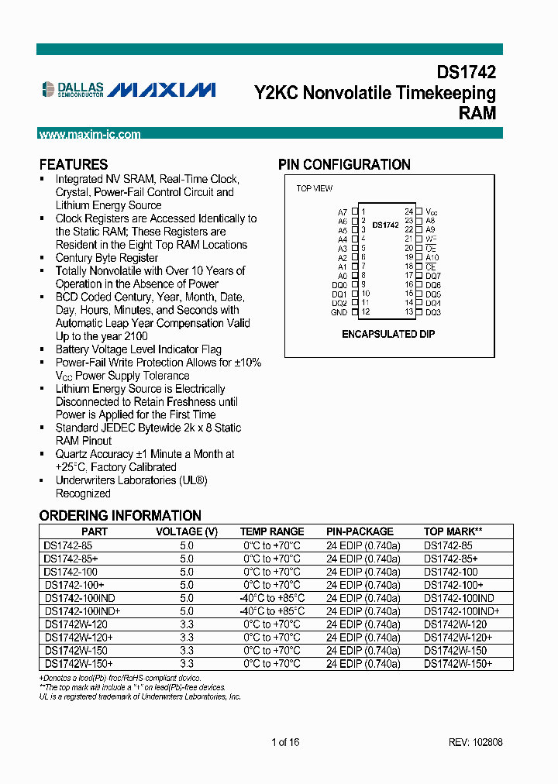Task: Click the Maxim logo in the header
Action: (x=161, y=91)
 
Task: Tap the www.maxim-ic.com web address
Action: (x=90, y=135)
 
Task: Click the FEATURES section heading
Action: (x=74, y=165)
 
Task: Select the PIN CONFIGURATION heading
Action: (x=344, y=165)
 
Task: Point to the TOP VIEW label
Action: (x=314, y=189)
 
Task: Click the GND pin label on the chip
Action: (x=339, y=312)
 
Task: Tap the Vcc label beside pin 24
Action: (x=432, y=211)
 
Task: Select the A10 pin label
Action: (x=432, y=257)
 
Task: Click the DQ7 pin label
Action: (x=433, y=276)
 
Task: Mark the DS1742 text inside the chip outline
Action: (x=385, y=225)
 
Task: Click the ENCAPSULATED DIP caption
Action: (x=388, y=334)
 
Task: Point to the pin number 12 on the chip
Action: (x=365, y=312)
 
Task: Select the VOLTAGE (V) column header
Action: (x=187, y=531)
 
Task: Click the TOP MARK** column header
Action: (x=453, y=531)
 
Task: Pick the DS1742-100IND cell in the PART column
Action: (x=79, y=598)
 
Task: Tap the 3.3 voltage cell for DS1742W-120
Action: (x=187, y=624)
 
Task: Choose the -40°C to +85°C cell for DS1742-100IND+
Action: (x=272, y=611)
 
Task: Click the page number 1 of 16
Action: (x=285, y=742)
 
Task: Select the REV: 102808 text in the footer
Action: (x=475, y=742)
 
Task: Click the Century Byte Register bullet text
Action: (x=107, y=258)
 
